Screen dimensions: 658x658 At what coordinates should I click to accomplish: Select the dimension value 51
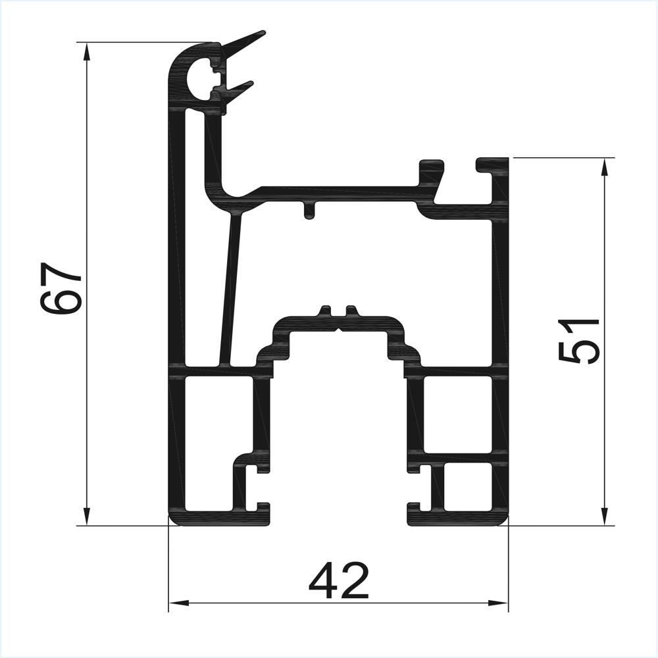[579, 340]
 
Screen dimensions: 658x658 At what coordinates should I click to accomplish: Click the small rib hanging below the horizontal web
[308, 211]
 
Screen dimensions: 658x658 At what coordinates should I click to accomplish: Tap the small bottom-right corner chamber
[468, 487]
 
